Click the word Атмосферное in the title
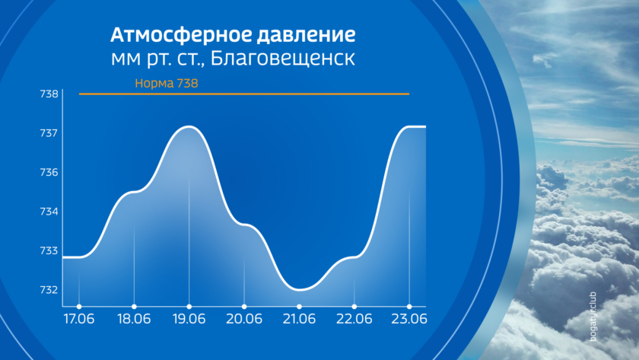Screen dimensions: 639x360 pyautogui.click(x=181, y=35)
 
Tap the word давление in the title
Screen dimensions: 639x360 pyautogui.click(x=306, y=36)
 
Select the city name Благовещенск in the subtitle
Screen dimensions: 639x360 pyautogui.click(x=282, y=59)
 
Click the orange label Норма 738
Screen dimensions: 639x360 pyautogui.click(x=167, y=83)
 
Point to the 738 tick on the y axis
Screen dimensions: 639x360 pyautogui.click(x=49, y=94)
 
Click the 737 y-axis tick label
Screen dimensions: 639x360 pyautogui.click(x=49, y=133)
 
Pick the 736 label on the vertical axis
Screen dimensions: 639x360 pyautogui.click(x=49, y=172)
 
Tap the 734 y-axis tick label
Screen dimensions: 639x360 pyautogui.click(x=49, y=211)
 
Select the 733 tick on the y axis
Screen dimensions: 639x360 pyautogui.click(x=49, y=250)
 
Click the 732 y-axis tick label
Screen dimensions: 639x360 pyautogui.click(x=49, y=289)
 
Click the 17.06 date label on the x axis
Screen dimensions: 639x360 pyautogui.click(x=79, y=318)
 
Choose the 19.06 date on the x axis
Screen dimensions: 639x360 pyautogui.click(x=189, y=318)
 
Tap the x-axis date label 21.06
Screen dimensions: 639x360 pyautogui.click(x=299, y=318)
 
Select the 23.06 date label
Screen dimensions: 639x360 pyautogui.click(x=409, y=318)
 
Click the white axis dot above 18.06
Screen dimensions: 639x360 pyautogui.click(x=134, y=307)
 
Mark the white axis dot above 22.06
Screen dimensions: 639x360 pyautogui.click(x=354, y=307)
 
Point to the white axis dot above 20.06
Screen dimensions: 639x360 pyautogui.click(x=244, y=307)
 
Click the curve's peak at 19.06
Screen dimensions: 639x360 pyautogui.click(x=189, y=126)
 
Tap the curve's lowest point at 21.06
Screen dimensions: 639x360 pyautogui.click(x=300, y=290)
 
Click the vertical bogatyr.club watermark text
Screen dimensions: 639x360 pyautogui.click(x=593, y=317)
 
